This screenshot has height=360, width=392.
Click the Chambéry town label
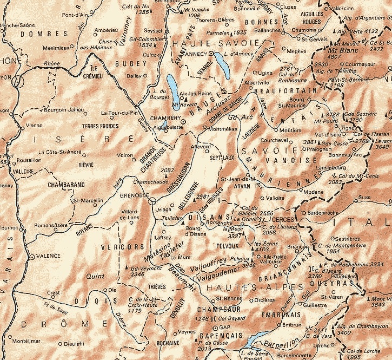165,118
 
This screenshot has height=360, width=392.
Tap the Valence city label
48,256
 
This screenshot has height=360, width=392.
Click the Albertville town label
257,82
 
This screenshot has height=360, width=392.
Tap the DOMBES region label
35,33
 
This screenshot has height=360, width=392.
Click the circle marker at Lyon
19,82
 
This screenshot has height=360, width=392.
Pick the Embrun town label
292,325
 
